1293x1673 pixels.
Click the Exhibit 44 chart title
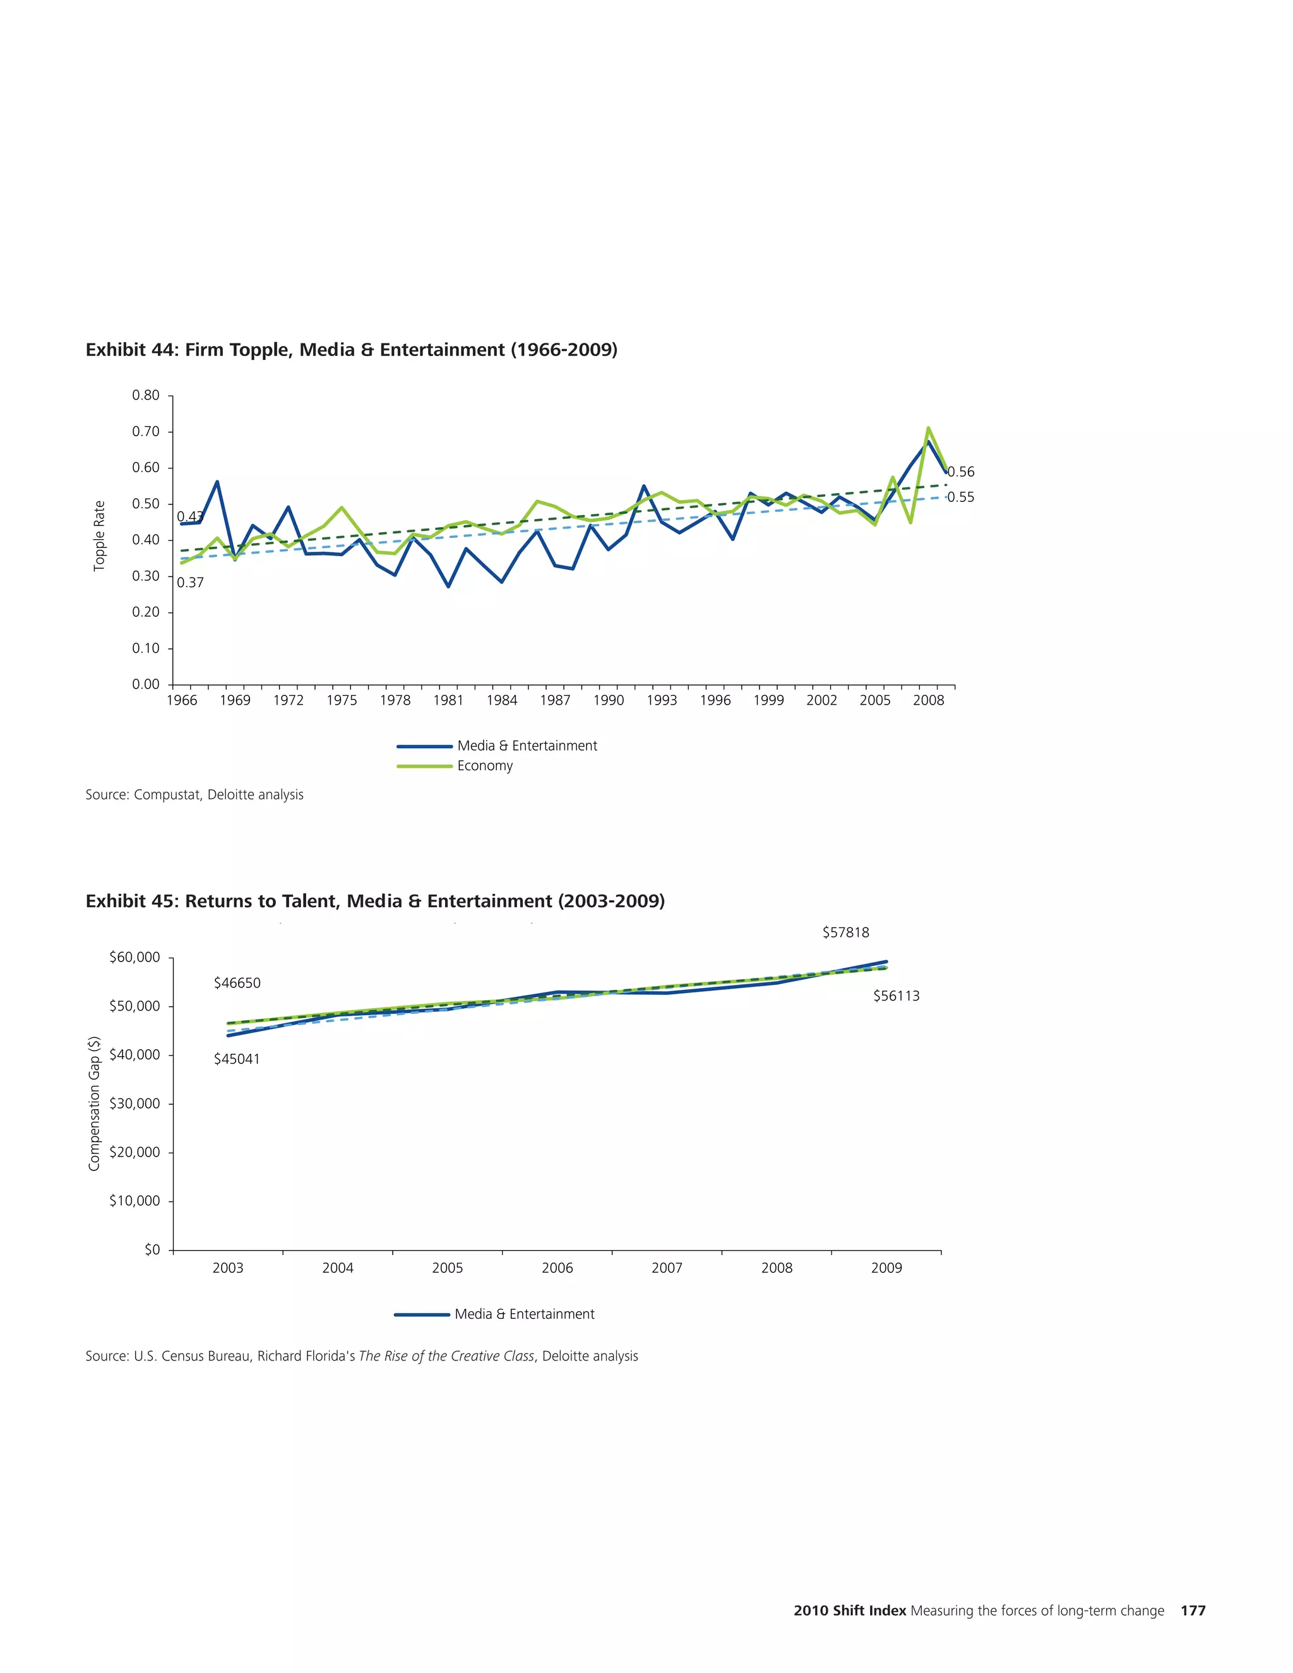pos(351,350)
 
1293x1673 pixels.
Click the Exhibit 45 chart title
pos(374,901)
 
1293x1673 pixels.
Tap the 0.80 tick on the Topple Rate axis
pos(146,395)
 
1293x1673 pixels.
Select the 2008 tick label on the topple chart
pos(927,700)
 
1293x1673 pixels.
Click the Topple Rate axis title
pos(99,535)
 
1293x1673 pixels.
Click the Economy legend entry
pos(484,766)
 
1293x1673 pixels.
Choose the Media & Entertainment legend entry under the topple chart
pos(527,746)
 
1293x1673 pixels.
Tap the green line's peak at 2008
pos(927,428)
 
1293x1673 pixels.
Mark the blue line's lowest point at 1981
pos(448,586)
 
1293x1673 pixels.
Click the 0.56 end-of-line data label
pos(962,472)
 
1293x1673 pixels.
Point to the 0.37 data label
pos(190,583)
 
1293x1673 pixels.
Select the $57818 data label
pos(845,932)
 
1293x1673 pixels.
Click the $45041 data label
pos(237,1059)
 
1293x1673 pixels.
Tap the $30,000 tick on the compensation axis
pos(135,1104)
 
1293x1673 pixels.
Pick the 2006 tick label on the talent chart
pos(557,1268)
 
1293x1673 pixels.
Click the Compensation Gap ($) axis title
pos(94,1103)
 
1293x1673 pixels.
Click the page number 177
pos(1193,1611)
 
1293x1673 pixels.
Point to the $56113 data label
pos(897,996)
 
